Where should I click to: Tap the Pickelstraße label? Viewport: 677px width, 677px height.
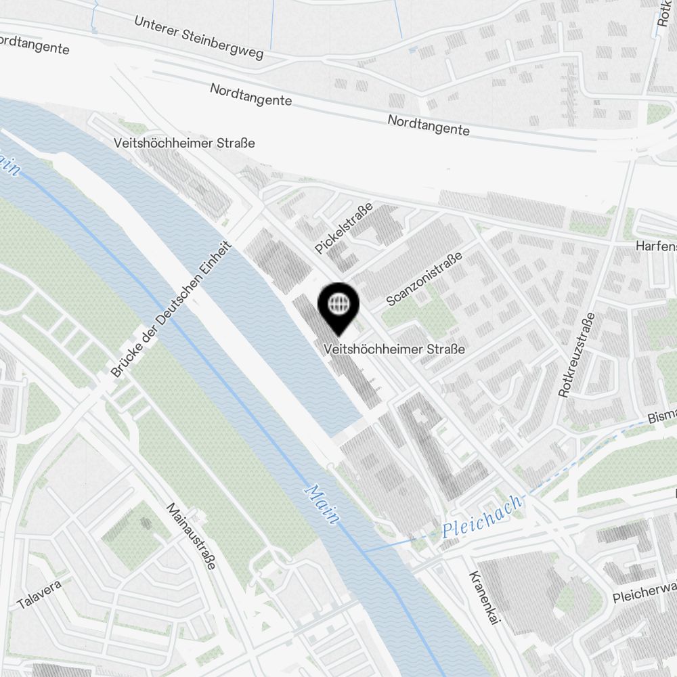[344, 229]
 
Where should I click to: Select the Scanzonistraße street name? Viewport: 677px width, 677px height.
[424, 279]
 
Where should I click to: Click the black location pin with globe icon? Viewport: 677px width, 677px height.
[337, 305]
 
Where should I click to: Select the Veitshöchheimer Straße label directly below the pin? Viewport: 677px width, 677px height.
[395, 349]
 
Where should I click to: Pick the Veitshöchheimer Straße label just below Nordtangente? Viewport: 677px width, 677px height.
[185, 143]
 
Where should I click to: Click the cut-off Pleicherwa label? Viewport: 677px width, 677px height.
[644, 592]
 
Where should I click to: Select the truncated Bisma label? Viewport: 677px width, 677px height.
[661, 415]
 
